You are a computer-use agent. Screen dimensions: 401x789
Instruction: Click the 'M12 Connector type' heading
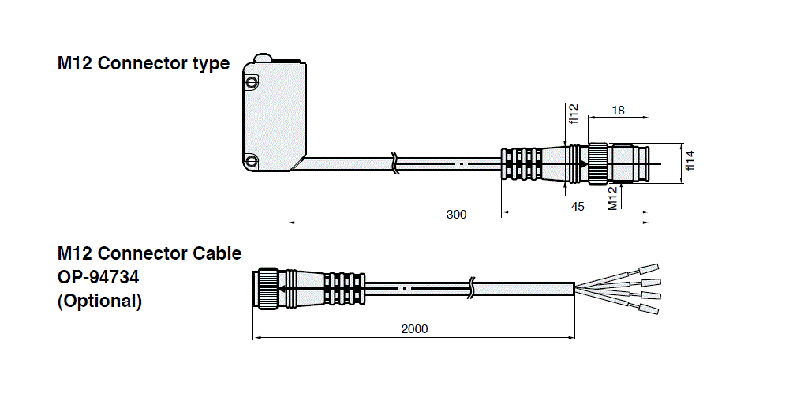pos(143,64)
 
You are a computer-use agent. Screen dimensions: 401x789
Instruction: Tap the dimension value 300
pos(456,214)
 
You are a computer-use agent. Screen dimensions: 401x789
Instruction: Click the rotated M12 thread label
pos(611,198)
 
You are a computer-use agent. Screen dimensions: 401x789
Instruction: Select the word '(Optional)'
pos(99,301)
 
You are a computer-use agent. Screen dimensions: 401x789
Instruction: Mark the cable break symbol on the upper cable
pos(395,163)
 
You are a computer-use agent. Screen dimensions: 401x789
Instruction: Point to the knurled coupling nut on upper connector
pos(597,164)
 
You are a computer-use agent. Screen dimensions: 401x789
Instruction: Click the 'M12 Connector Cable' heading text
pos(149,253)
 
